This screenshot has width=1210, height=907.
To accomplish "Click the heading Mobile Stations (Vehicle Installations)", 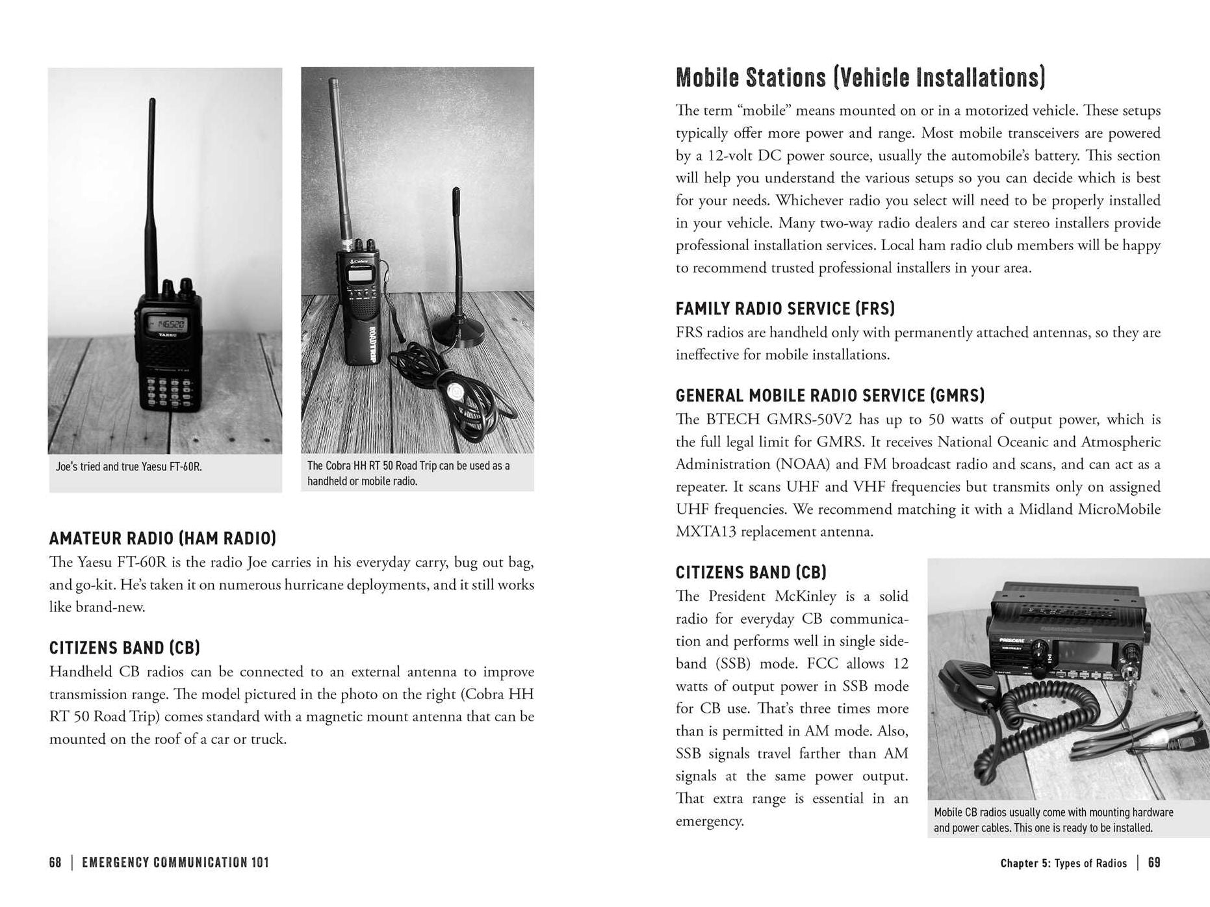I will (860, 77).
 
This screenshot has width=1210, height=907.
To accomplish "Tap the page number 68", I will (55, 863).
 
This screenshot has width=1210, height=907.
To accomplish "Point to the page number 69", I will (1154, 863).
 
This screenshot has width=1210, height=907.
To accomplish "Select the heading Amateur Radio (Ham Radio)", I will (162, 538).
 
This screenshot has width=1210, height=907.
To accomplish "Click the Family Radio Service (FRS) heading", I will (785, 309).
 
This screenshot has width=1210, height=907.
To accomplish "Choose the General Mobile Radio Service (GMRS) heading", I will (830, 396).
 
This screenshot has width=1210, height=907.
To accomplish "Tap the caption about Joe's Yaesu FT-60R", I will (129, 466).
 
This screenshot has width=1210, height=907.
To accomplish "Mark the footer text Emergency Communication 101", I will (175, 863).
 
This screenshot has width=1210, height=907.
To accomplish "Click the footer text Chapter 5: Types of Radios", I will (1063, 863).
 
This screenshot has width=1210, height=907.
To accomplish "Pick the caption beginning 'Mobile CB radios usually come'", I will (1053, 820).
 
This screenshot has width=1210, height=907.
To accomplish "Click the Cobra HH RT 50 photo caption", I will (408, 473).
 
